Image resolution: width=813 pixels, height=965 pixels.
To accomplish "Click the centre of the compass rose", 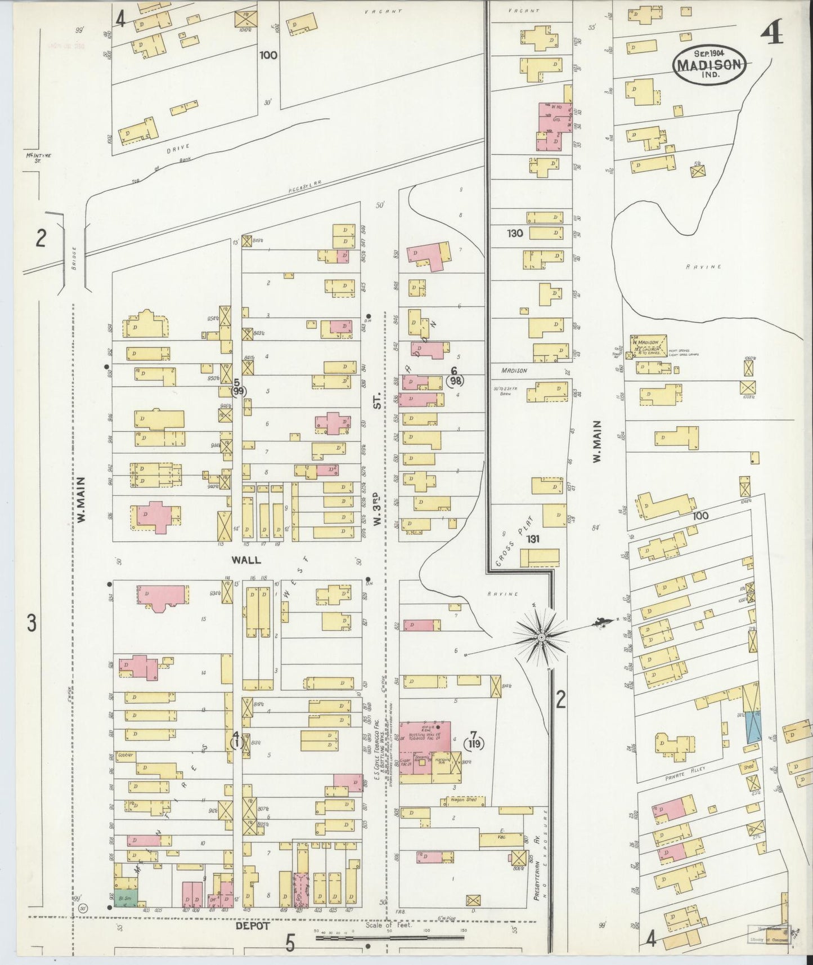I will coord(541,637).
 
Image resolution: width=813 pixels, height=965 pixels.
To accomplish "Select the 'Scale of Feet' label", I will coord(389,925).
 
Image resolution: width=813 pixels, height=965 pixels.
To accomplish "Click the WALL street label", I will coord(245,560).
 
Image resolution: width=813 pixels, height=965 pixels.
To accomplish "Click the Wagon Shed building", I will coord(464,799).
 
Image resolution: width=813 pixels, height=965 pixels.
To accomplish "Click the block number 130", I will coord(514,233).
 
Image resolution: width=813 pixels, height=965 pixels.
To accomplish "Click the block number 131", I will coord(533,539).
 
